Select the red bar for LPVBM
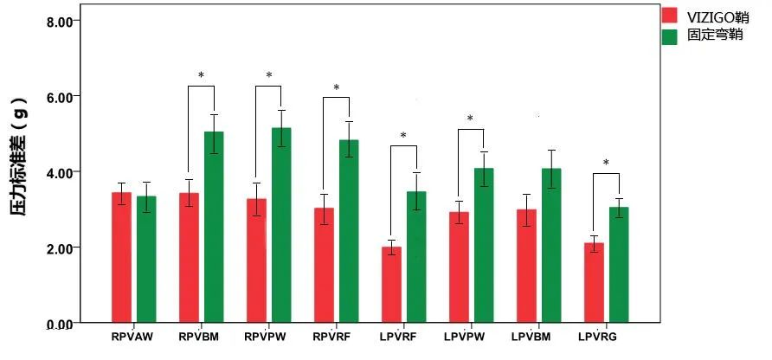point(526,266)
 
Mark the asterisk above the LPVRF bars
point(403,136)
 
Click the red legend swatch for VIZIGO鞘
point(670,16)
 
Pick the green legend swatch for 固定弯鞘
point(670,36)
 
